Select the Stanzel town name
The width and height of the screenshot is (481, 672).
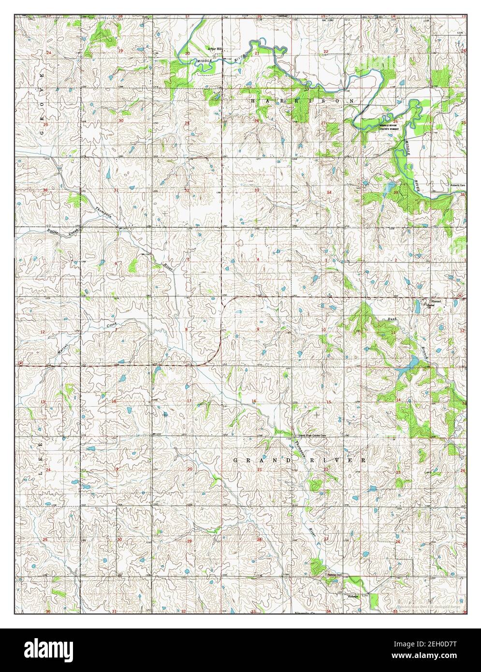[x=432, y=300]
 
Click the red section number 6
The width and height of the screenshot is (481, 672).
[x=116, y=263]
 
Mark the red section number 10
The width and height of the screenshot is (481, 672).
[x=324, y=330]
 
